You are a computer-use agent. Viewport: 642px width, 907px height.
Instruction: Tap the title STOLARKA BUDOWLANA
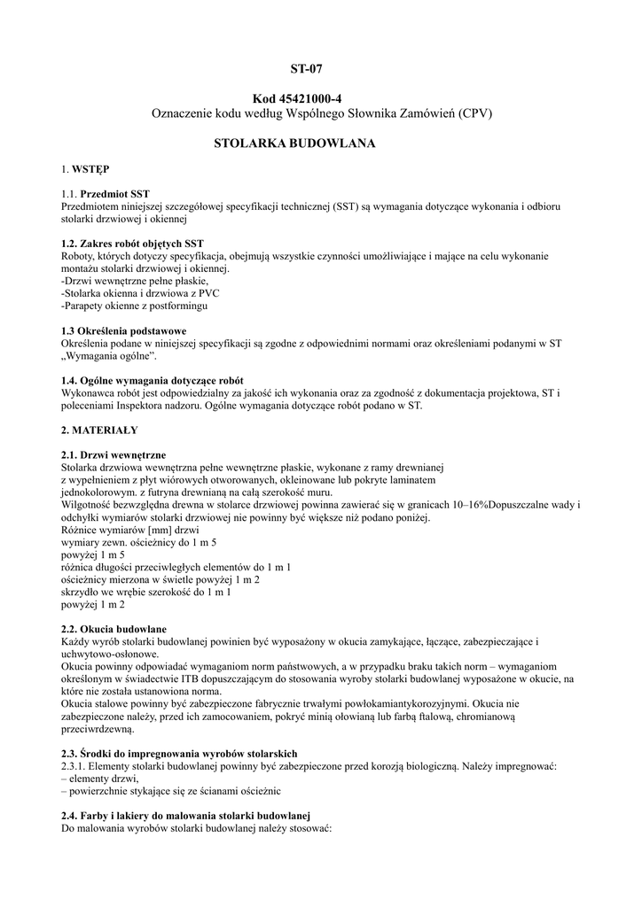(x=296, y=143)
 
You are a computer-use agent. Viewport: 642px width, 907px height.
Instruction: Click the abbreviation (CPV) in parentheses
(x=475, y=113)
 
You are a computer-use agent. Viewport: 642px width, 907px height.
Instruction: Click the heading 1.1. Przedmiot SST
(x=106, y=192)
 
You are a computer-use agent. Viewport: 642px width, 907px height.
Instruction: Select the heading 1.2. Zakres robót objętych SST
(x=132, y=243)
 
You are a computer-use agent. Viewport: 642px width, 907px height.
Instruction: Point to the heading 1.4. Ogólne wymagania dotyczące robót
(x=153, y=379)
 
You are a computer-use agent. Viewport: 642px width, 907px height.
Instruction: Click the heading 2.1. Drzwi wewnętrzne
(x=114, y=454)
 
